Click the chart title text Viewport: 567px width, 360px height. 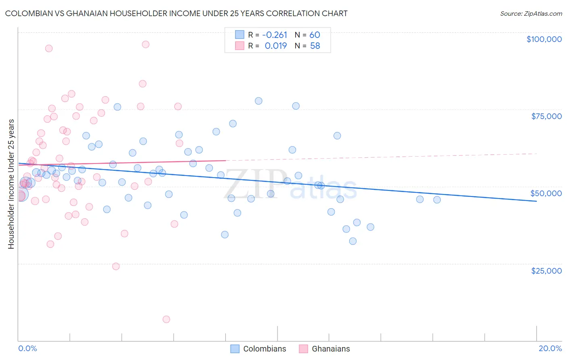coord(176,14)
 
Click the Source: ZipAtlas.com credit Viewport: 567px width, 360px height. coord(531,14)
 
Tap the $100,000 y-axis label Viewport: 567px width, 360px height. coord(544,39)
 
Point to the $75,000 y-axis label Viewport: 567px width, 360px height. coord(546,116)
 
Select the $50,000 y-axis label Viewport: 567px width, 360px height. coord(546,193)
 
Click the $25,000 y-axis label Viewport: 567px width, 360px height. coord(546,271)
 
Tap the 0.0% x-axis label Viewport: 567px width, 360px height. coord(27,348)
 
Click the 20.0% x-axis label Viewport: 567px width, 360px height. coord(550,348)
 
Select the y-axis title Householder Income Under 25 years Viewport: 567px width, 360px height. coord(11,184)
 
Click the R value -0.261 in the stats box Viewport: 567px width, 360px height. coord(275,35)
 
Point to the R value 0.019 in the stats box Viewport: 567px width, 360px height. coord(275,46)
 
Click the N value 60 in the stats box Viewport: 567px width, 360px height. coord(315,35)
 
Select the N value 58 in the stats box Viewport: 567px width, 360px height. coord(315,46)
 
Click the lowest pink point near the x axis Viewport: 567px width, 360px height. coord(166,319)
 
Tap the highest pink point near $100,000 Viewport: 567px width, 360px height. coord(146,44)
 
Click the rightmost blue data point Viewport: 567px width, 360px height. coord(437,200)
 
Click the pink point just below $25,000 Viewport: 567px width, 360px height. coord(116,266)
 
